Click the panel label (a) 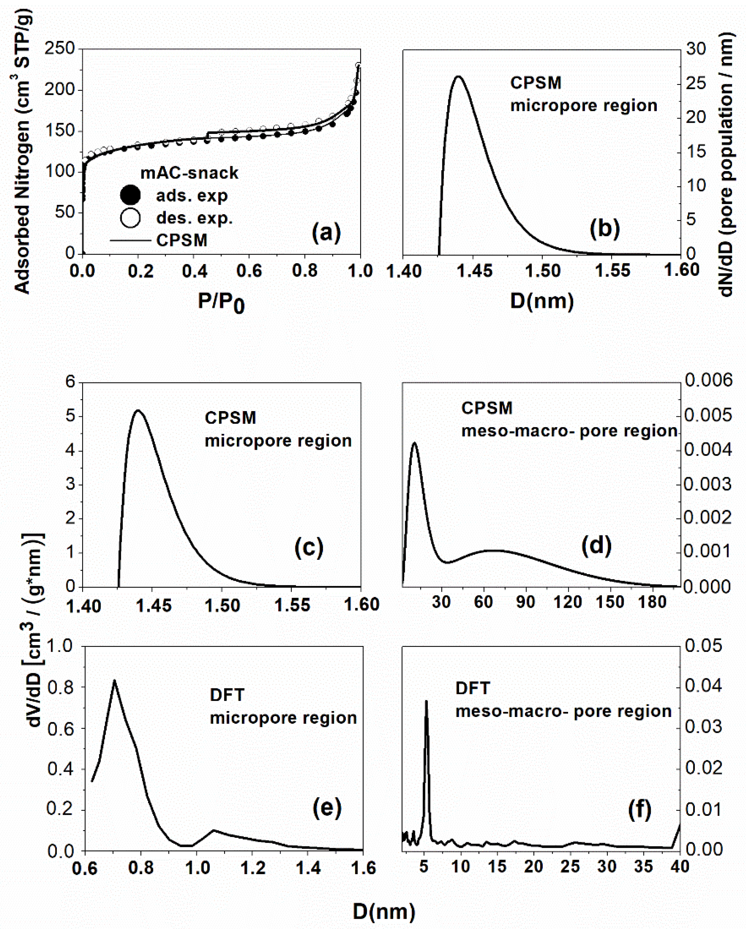[326, 233]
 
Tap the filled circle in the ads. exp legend [130, 195]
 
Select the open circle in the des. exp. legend [130, 218]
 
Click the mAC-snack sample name [189, 173]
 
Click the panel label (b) [605, 228]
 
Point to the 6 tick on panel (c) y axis [70, 381]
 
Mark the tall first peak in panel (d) [414, 443]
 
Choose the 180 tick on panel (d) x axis [652, 602]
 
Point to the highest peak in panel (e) [114, 680]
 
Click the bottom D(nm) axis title [384, 911]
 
